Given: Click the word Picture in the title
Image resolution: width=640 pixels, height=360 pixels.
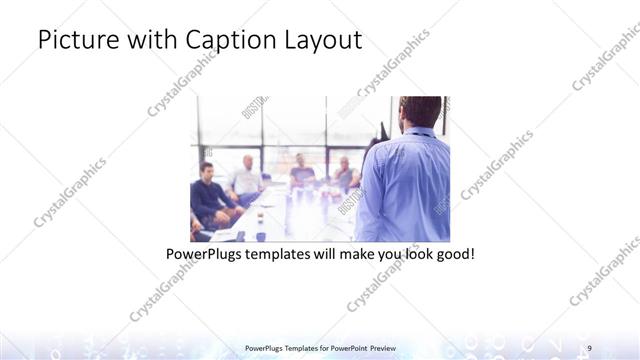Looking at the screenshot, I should [x=73, y=41].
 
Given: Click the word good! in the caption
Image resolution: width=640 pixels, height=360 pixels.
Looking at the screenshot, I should [x=452, y=254].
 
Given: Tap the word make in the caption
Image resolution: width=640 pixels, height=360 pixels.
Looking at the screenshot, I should [x=375, y=254].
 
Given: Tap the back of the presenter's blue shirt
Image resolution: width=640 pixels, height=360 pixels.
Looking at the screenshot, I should [x=405, y=185].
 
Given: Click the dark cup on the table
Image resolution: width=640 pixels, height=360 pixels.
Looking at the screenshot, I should [x=259, y=236].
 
